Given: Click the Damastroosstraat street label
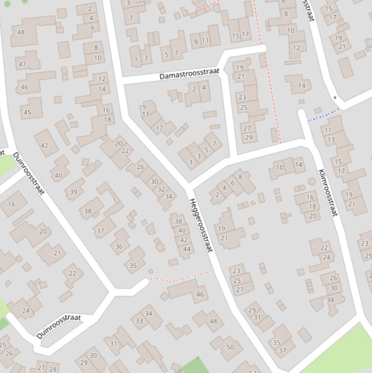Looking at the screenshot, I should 189,74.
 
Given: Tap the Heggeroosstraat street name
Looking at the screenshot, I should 201,225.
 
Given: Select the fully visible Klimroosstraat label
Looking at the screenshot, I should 328,192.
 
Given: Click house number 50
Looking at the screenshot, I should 230,347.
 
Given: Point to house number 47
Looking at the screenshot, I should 22,64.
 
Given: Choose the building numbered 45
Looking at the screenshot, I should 27,112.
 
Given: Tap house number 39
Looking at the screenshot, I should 74,192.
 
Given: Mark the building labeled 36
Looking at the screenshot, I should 119,246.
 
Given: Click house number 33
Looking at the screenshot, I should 139,321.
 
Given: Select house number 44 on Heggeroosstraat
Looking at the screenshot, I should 187,249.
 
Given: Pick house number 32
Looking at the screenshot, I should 161,189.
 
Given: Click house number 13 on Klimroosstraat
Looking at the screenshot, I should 331,140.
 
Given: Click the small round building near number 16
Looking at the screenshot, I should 312,182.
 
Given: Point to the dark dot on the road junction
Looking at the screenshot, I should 335,97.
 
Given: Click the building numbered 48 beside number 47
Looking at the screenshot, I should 21,32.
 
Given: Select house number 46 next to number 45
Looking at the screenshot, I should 25,87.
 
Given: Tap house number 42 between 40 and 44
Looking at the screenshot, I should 184,240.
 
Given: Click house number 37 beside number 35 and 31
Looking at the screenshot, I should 283,350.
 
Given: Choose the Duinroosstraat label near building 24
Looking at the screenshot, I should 58,326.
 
